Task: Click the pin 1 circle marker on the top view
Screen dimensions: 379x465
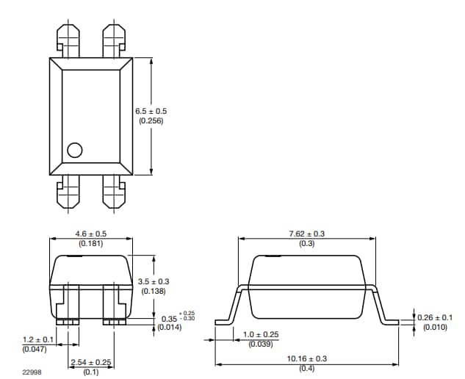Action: (74, 150)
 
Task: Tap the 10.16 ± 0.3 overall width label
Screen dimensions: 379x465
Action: (306, 358)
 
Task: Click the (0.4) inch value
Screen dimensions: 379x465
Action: (306, 368)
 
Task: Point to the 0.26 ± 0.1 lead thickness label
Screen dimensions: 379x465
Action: (436, 317)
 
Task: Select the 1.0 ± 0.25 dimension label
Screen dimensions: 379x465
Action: (261, 335)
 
